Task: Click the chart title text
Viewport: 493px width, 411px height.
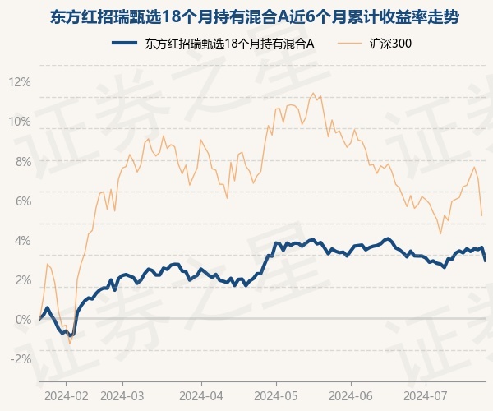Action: pos(255,17)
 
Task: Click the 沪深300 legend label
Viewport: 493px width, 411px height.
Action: pos(390,44)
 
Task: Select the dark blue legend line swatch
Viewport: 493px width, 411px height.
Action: pos(125,43)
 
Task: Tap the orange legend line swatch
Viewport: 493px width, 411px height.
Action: pos(349,43)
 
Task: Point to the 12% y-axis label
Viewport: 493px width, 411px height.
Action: pos(20,82)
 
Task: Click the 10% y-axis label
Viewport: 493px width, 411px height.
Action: pos(20,122)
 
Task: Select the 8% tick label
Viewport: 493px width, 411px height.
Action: pos(23,162)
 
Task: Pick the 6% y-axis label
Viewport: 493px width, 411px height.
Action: pos(23,201)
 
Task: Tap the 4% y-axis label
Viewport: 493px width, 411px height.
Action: pos(23,241)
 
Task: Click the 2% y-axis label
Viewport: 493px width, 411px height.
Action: pos(23,280)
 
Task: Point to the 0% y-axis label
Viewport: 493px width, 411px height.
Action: pos(23,320)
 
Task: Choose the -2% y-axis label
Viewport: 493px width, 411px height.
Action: pos(21,359)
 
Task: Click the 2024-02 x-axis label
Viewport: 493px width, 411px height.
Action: pos(66,396)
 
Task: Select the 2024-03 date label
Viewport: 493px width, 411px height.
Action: pos(122,396)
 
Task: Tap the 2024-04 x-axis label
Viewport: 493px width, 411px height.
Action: pos(201,396)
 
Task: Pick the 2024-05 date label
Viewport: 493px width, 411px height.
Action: pos(276,396)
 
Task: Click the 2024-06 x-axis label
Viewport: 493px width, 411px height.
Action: pos(351,396)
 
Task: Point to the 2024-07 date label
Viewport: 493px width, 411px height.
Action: pos(426,396)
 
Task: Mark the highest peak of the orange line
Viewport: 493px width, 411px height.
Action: pos(313,93)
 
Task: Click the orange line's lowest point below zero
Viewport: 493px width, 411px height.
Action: pos(70,343)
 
